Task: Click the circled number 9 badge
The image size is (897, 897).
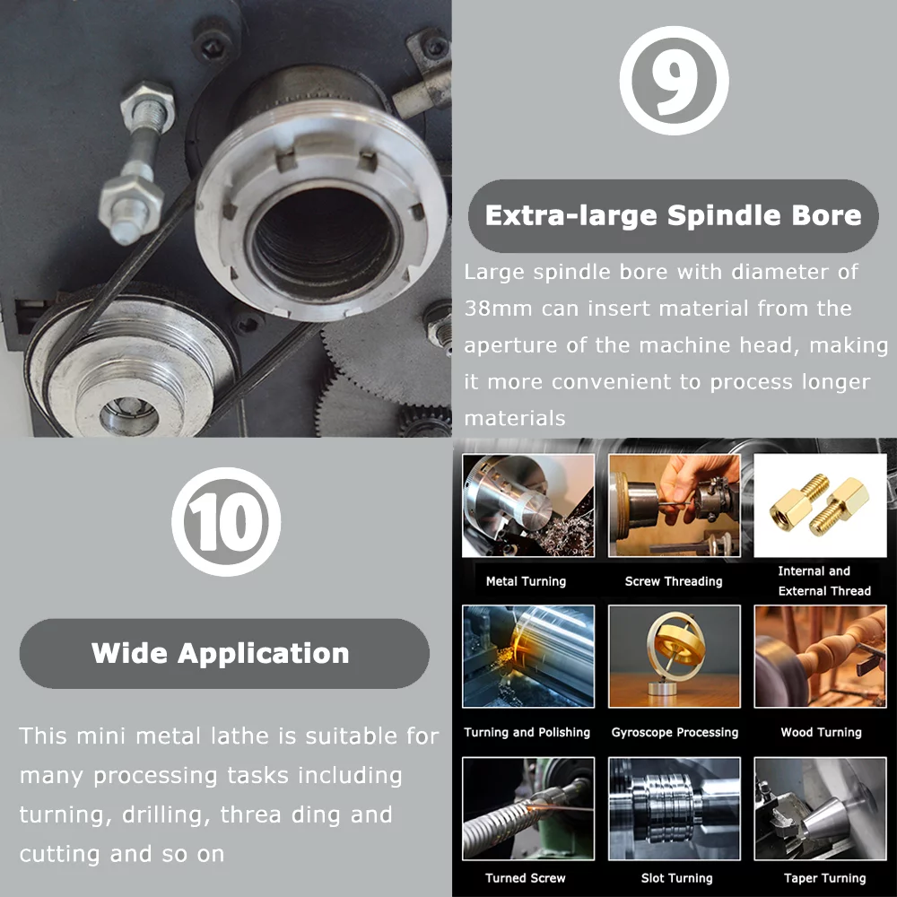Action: (x=674, y=81)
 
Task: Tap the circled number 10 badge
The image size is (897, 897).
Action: (x=226, y=521)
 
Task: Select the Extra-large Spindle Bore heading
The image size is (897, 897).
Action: (x=673, y=215)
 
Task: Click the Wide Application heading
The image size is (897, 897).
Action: (x=221, y=653)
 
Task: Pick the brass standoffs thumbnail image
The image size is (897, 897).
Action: (x=821, y=506)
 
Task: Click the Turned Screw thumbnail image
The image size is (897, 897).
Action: (x=527, y=809)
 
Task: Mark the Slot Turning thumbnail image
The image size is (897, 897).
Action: (x=675, y=809)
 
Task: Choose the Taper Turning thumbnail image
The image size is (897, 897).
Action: (x=821, y=809)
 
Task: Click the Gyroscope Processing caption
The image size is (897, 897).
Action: (x=675, y=732)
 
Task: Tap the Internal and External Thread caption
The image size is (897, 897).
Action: (x=823, y=581)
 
